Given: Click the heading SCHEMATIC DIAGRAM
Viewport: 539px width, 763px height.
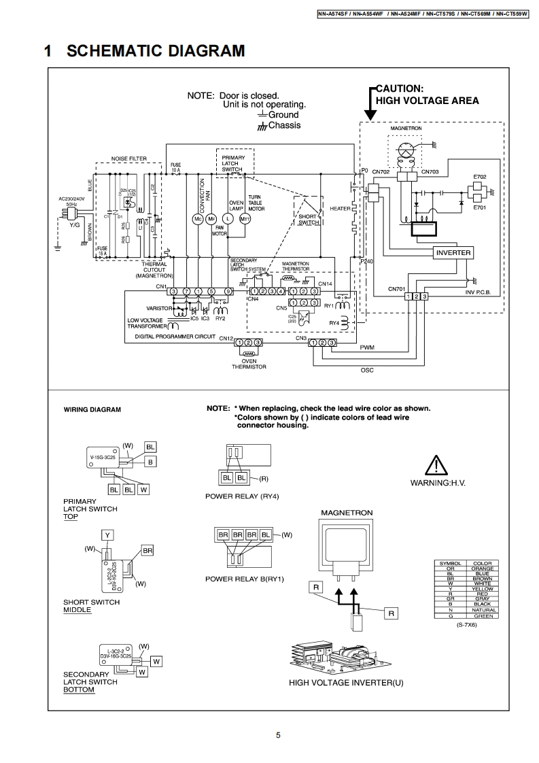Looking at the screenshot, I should pos(156,52).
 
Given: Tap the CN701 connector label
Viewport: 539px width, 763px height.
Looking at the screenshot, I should pos(397,289).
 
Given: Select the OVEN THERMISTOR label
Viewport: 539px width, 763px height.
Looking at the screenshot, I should pos(249,364).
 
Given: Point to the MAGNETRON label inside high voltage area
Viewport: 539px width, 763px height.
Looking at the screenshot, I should pos(406,129).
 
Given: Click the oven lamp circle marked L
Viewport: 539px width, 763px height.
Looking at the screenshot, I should pos(228,219).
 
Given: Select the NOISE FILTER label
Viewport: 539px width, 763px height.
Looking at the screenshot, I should pos(129,158).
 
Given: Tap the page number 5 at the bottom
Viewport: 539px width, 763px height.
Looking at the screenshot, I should pos(278,734).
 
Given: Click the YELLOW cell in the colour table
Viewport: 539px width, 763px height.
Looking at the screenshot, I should pos(482,589).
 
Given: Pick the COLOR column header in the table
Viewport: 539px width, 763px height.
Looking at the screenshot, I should pos(482,564).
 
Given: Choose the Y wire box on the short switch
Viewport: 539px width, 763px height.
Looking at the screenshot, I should pos(107,535).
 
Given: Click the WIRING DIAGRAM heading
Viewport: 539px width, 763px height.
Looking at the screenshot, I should pos(92,410).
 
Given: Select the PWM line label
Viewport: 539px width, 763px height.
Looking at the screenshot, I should pos(367,347).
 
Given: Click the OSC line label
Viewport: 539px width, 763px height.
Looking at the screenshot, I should pos(367,371).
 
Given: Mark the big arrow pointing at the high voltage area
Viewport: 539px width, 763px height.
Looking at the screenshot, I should pos(370,109).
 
